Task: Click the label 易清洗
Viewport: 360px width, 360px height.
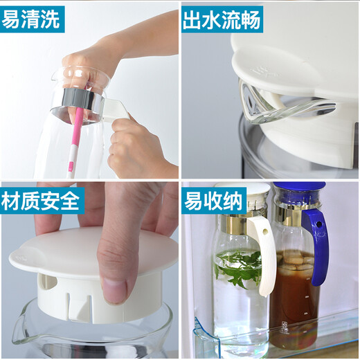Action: (x=33, y=19)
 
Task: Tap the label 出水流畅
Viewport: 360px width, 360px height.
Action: (x=222, y=19)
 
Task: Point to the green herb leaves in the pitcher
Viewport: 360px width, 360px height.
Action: (x=235, y=267)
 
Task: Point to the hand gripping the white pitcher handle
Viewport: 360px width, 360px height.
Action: (x=135, y=145)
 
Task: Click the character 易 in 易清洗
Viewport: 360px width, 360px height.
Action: (x=12, y=19)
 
